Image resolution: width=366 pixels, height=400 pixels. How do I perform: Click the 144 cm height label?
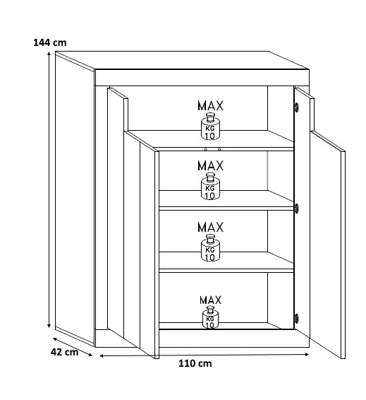[50, 42]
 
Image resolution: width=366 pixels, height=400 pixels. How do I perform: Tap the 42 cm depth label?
[64, 352]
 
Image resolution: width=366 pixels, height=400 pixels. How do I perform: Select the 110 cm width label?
[195, 363]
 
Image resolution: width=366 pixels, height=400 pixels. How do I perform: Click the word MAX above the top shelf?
[210, 105]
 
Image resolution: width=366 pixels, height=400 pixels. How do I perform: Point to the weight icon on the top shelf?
[210, 126]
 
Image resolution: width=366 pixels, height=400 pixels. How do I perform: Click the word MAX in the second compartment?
[210, 165]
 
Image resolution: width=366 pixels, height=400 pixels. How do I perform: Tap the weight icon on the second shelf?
[210, 186]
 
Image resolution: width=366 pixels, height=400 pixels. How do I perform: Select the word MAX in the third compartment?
[210, 227]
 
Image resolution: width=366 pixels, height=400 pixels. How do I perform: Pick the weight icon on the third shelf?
[210, 248]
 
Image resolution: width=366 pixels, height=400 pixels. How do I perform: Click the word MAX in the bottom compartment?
[210, 300]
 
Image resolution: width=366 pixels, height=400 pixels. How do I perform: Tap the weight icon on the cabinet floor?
[210, 317]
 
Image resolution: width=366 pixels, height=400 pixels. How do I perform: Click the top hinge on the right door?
[296, 107]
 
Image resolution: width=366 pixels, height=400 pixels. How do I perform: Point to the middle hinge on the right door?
[296, 208]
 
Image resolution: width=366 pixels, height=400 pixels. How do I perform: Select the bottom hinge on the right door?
[296, 318]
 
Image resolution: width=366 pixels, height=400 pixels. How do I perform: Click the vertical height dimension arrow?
[49, 189]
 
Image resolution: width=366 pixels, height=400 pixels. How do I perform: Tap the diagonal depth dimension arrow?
[73, 347]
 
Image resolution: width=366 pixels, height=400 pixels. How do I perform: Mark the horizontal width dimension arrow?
[204, 355]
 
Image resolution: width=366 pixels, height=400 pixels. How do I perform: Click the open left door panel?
[133, 222]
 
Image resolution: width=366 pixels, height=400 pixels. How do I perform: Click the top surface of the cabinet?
[182, 60]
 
